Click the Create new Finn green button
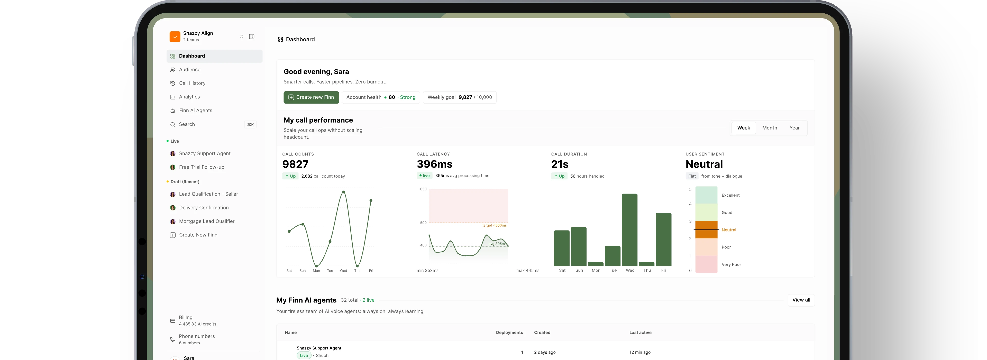coord(311,97)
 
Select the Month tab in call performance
coord(769,128)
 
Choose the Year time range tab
coord(794,128)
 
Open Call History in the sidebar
coord(192,83)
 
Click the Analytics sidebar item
coord(189,97)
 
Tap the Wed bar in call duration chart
coord(629,230)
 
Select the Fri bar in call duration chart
coord(664,239)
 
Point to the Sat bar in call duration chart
coord(562,248)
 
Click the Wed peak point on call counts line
coord(344,192)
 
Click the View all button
coord(801,300)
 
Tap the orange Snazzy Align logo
coord(175,36)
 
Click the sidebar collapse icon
coord(252,37)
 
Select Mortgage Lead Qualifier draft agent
coord(206,221)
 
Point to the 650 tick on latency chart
coord(423,189)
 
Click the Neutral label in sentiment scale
coord(729,230)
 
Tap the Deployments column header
coord(509,333)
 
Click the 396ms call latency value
coord(434,164)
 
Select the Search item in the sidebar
coord(187,124)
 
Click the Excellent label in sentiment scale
coord(730,195)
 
